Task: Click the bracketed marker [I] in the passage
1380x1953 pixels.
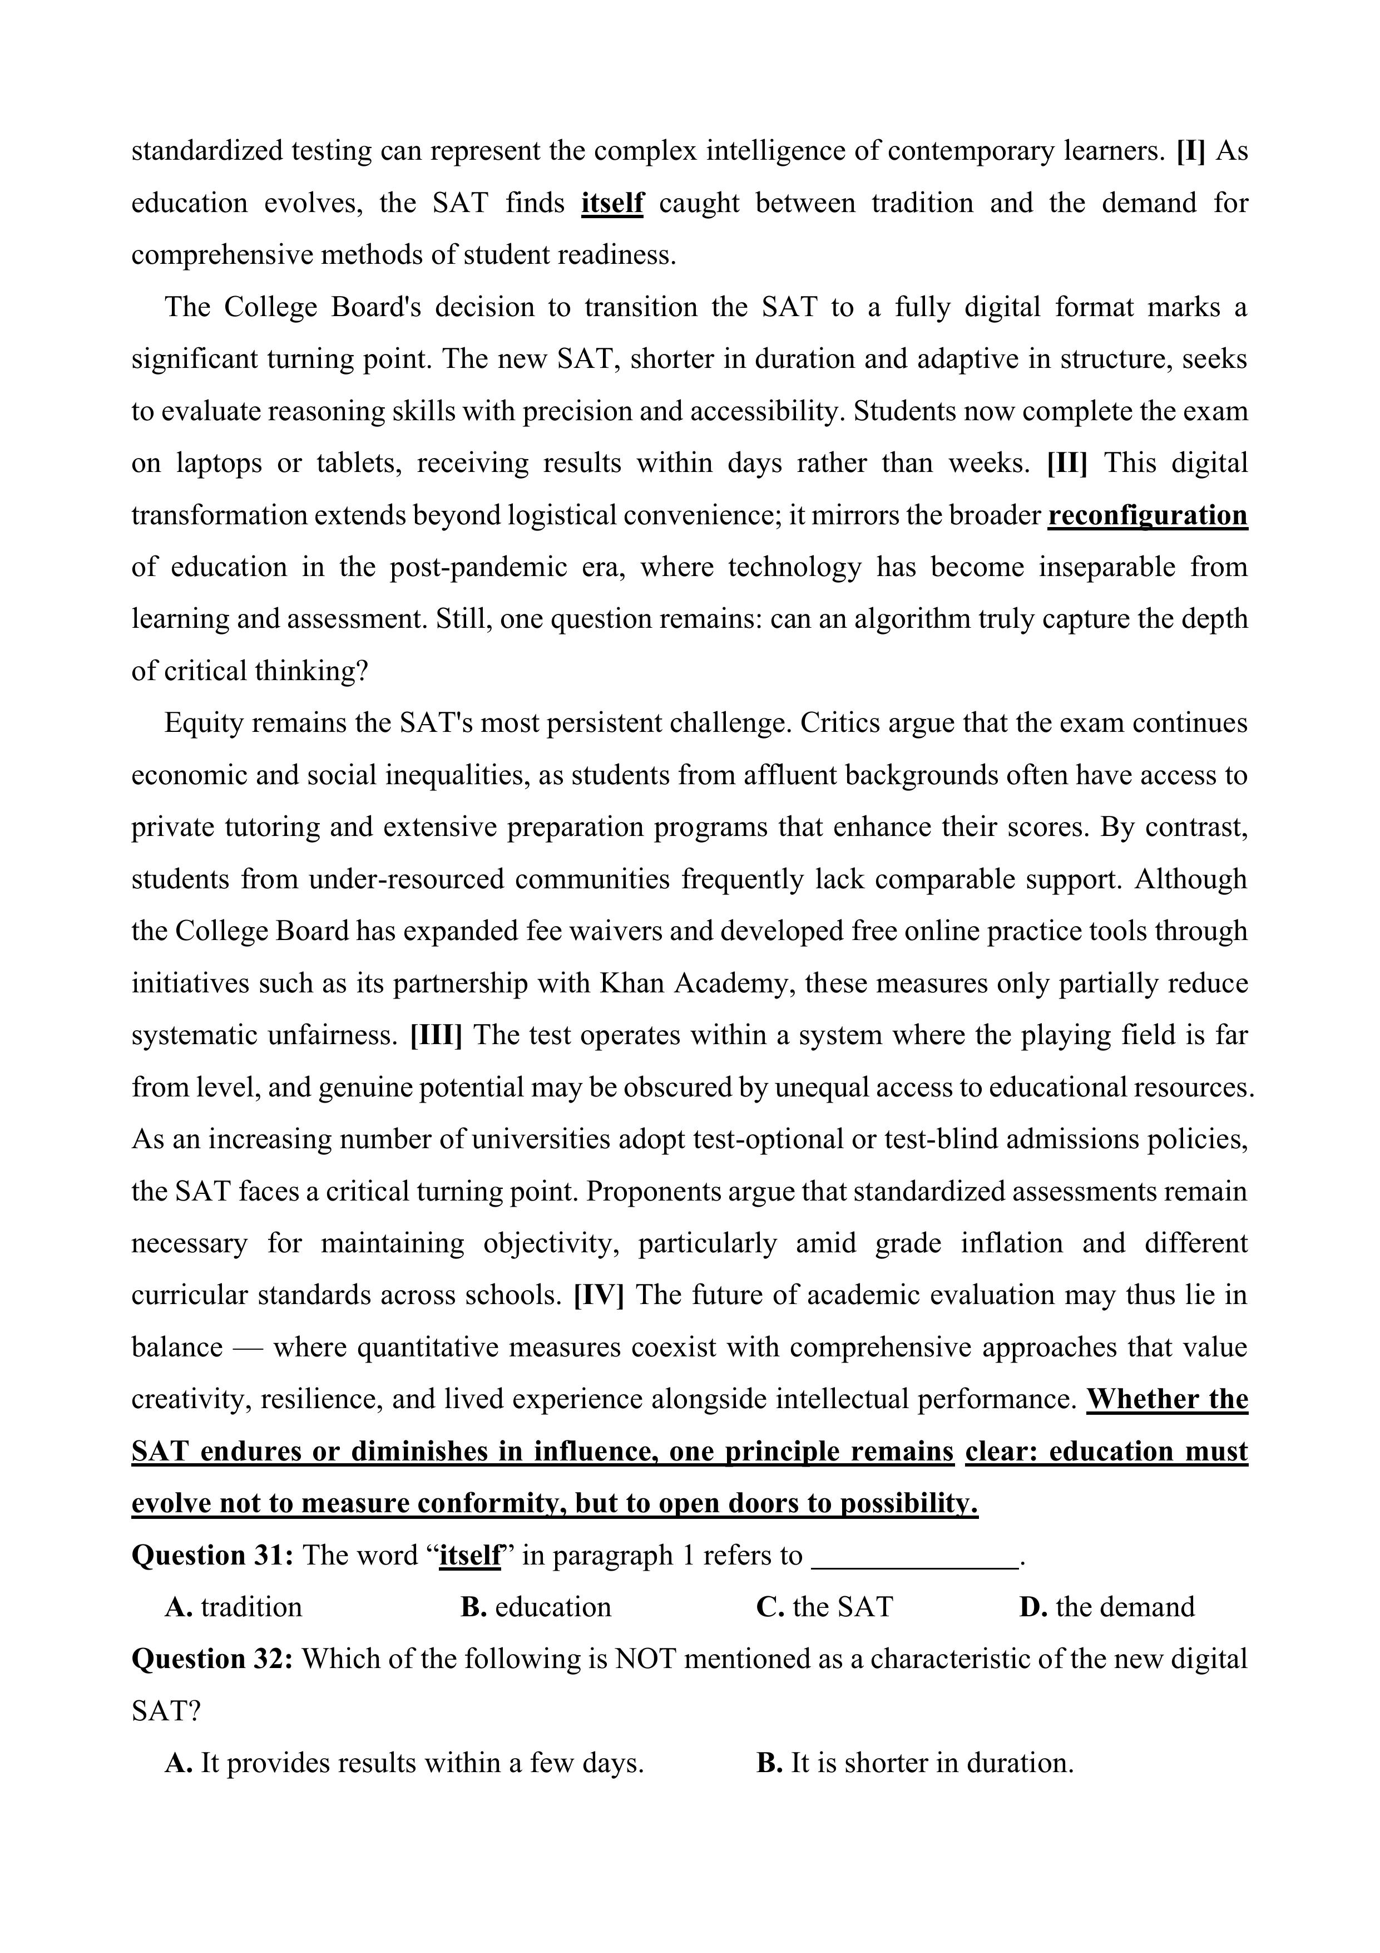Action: [1190, 151]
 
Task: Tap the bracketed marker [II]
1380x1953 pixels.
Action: [1067, 464]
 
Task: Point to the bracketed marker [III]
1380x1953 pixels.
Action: [436, 1035]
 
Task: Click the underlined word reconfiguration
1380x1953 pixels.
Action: [1147, 515]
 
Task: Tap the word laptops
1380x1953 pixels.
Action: [219, 464]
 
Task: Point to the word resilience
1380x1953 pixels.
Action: [319, 1399]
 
